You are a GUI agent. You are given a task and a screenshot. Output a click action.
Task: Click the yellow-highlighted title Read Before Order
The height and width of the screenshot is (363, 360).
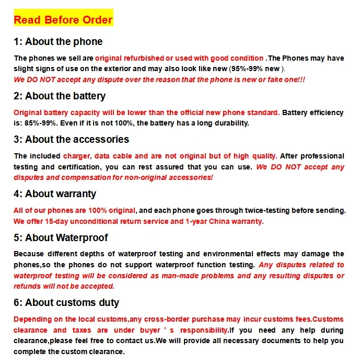[x=63, y=20]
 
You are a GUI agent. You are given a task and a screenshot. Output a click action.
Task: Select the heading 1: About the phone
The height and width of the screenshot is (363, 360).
[x=58, y=42]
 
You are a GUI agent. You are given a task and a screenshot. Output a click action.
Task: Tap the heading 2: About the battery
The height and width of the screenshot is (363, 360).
[x=60, y=96]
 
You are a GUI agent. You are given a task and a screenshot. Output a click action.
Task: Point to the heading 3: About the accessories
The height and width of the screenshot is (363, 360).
[x=71, y=140]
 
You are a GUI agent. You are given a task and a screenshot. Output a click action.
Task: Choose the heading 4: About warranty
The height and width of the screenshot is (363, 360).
[x=55, y=194]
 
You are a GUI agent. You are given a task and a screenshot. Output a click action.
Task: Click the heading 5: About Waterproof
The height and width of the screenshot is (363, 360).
[x=61, y=238]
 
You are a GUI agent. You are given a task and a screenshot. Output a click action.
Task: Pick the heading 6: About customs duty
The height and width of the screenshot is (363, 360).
[x=66, y=303]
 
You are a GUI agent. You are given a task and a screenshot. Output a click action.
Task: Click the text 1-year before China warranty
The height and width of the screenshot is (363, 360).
[x=192, y=221]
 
